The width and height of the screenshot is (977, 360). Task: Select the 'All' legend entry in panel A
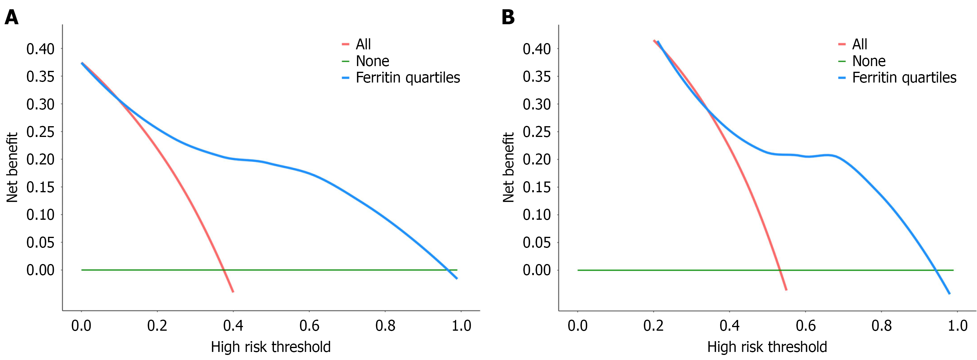363,44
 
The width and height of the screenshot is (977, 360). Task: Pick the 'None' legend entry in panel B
868,61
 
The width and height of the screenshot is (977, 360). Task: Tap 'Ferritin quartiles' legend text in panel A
408,78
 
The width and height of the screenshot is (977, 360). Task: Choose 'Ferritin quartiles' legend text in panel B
904,78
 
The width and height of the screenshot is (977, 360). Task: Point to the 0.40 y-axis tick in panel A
40,49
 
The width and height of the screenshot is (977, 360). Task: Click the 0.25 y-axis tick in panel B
537,132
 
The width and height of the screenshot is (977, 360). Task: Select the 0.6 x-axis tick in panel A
309,326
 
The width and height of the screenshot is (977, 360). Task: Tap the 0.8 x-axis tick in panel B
881,326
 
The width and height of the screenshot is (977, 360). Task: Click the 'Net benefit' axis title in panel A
12,167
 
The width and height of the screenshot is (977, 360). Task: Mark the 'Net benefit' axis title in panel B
509,167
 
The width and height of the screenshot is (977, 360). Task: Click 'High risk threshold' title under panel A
271,347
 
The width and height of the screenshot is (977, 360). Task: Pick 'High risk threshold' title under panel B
767,347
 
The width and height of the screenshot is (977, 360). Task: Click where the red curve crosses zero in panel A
224,270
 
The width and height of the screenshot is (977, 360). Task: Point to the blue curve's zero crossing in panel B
936,270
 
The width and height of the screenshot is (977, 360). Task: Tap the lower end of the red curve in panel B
786,290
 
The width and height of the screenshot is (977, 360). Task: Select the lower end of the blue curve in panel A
457,278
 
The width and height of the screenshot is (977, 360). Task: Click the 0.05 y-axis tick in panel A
40,242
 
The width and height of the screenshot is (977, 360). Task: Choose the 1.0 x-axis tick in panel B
958,326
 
